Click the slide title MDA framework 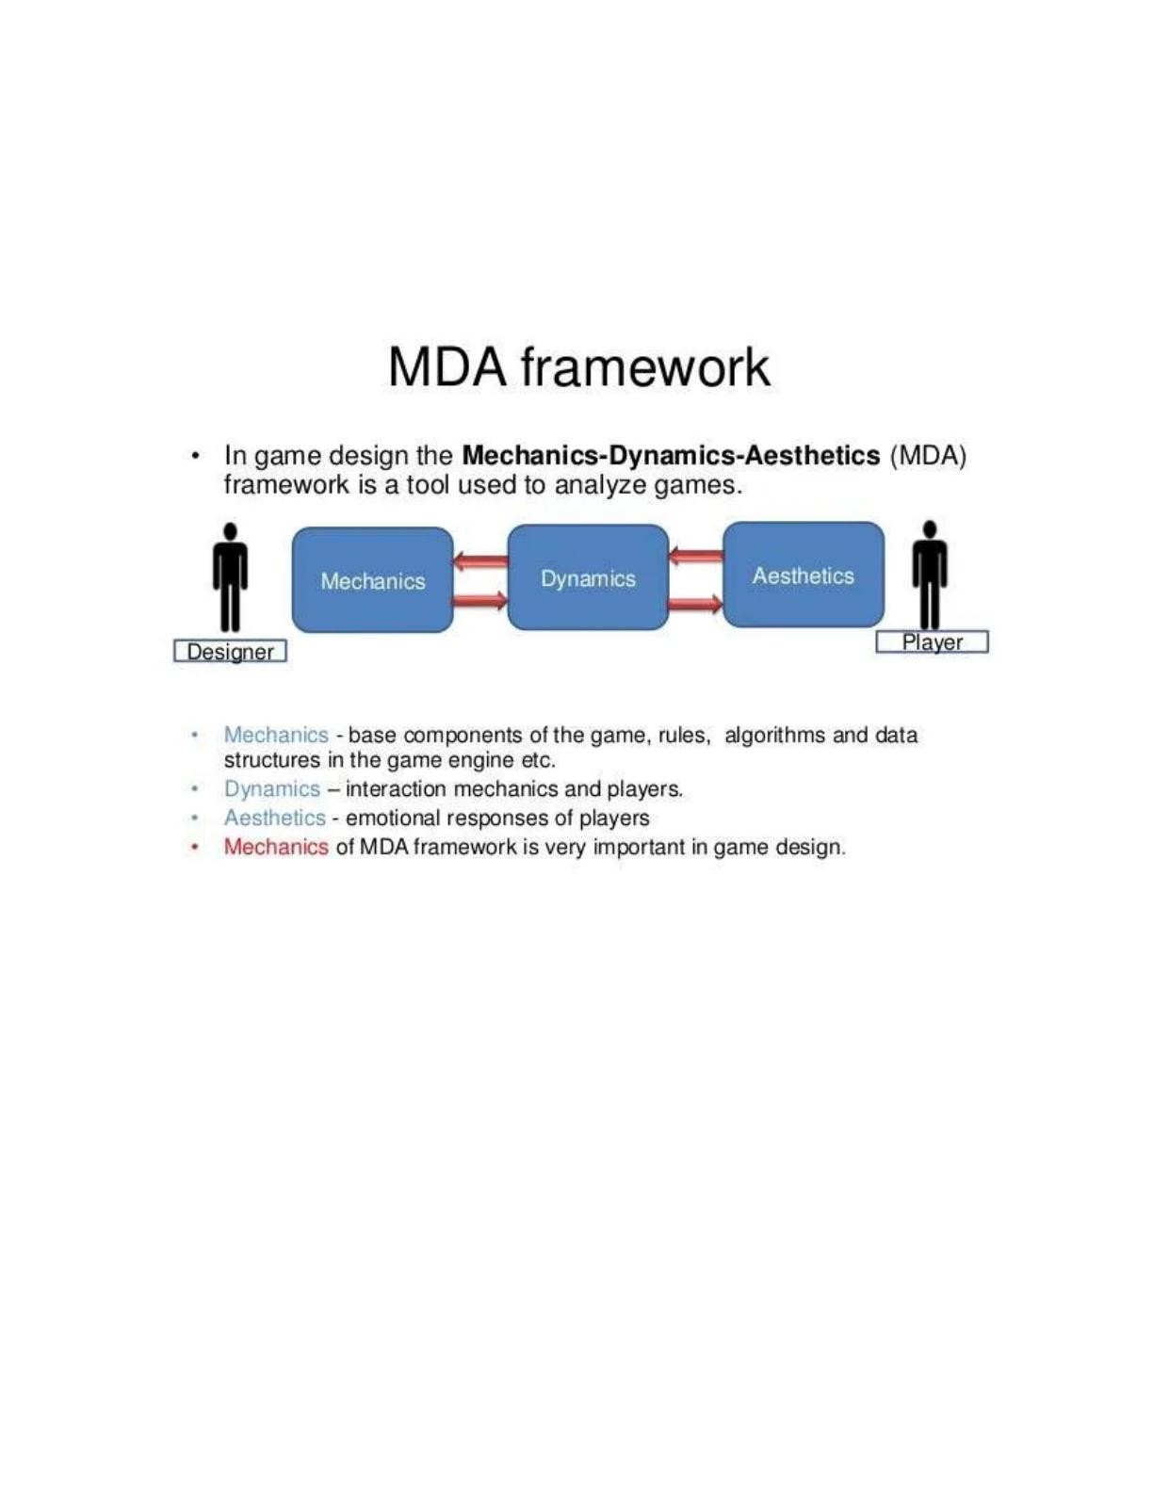[x=579, y=368]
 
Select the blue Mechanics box [x=373, y=580]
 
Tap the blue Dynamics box [x=588, y=577]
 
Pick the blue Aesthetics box [x=804, y=575]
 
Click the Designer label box [x=230, y=652]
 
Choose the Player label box [x=932, y=642]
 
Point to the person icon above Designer [x=230, y=576]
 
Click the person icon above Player [x=930, y=576]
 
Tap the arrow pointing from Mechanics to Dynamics [x=480, y=602]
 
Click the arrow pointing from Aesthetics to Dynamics [x=695, y=556]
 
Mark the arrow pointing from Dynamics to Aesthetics [x=695, y=604]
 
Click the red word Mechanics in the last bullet [x=276, y=847]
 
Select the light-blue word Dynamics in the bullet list [x=272, y=789]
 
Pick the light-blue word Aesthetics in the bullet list [x=275, y=818]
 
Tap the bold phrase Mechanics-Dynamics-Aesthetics [x=672, y=456]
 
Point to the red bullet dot [x=196, y=848]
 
